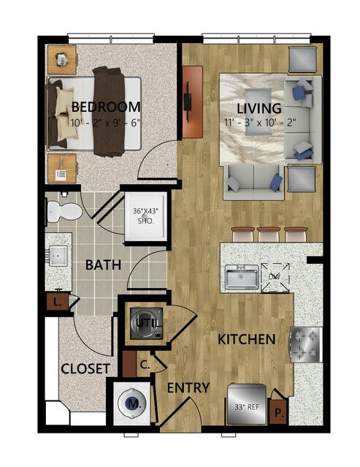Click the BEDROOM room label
[x=106, y=107]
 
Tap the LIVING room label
[x=258, y=108]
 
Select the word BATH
[x=103, y=265]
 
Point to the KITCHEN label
[x=246, y=340]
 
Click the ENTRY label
[x=188, y=388]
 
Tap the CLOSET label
[x=85, y=369]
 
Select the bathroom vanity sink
[x=58, y=256]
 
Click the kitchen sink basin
[x=242, y=278]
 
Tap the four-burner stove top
[x=306, y=345]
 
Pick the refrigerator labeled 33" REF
[x=247, y=404]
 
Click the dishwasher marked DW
[x=275, y=277]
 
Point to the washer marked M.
[x=133, y=403]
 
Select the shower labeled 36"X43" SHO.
[x=145, y=216]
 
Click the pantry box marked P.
[x=278, y=411]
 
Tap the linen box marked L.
[x=57, y=302]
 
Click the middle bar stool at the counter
[x=269, y=235]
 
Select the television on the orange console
[x=188, y=102]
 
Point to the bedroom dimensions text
[x=105, y=122]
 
